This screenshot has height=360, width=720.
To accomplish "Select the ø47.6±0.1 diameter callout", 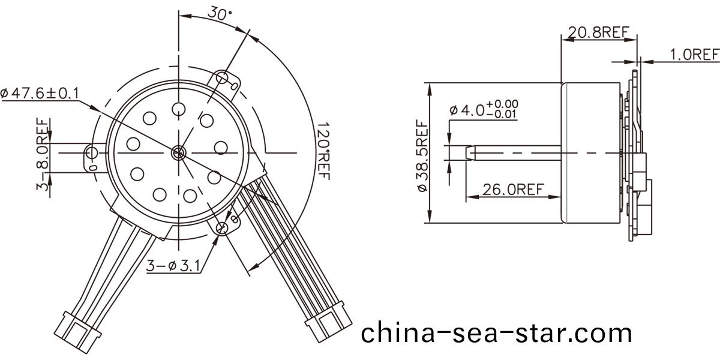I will (x=40, y=93).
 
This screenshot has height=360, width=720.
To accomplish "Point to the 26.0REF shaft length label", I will (x=513, y=190).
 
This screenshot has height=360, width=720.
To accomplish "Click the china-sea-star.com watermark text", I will (x=496, y=332).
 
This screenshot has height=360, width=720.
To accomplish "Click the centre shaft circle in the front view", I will (x=178, y=153).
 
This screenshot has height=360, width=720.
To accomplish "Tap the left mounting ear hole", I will (x=92, y=152).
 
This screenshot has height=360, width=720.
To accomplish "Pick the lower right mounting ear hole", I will (x=223, y=227).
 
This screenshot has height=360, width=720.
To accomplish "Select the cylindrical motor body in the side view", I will (x=591, y=153).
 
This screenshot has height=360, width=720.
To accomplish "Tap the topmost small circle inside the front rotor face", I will (x=178, y=109).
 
